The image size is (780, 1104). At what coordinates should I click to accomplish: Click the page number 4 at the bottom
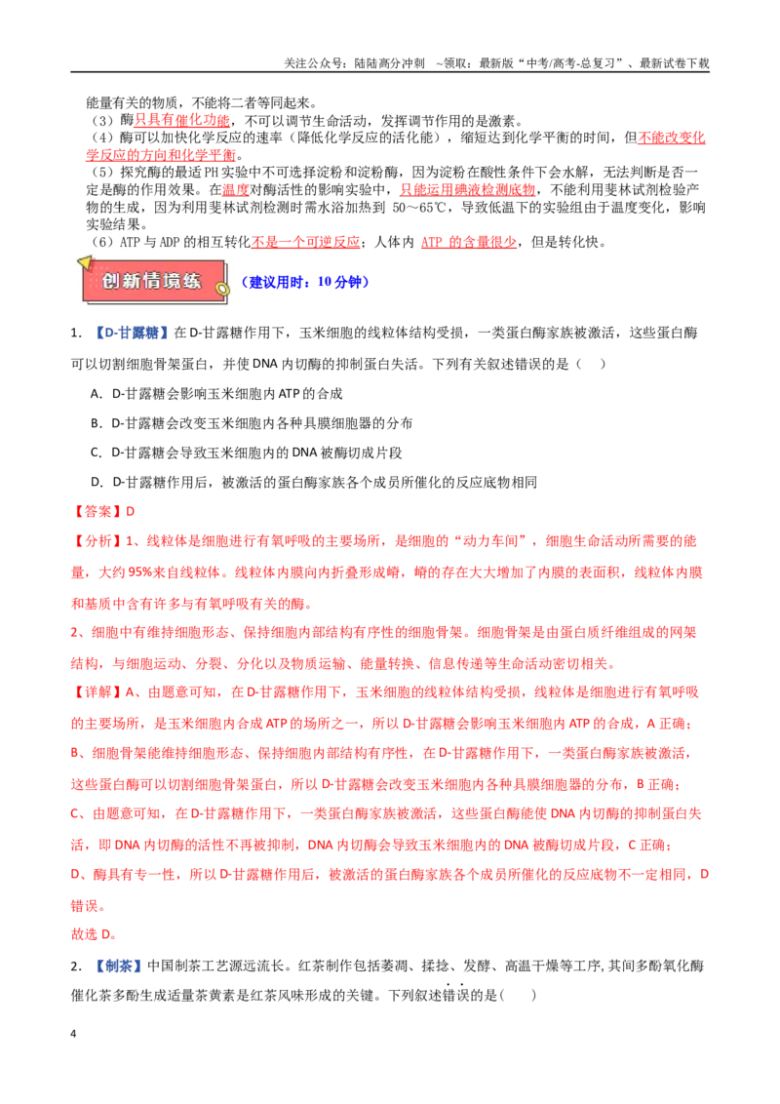pyautogui.click(x=73, y=1034)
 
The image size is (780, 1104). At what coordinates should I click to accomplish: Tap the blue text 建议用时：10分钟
pyautogui.click(x=305, y=282)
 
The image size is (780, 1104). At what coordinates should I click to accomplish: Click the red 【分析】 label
pyautogui.click(x=97, y=541)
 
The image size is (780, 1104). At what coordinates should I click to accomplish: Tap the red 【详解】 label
pyautogui.click(x=97, y=692)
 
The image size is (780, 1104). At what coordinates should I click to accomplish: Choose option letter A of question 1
pyautogui.click(x=96, y=394)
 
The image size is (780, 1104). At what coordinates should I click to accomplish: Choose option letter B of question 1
pyautogui.click(x=96, y=424)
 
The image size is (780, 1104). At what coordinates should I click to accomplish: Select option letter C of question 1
pyautogui.click(x=96, y=453)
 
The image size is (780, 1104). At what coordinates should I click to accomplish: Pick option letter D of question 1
pyautogui.click(x=97, y=483)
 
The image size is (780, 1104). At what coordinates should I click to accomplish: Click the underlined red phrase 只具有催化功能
pyautogui.click(x=181, y=120)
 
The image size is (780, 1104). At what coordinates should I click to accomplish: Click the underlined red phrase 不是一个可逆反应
pyautogui.click(x=305, y=242)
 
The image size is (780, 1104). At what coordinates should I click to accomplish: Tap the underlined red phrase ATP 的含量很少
pyautogui.click(x=468, y=242)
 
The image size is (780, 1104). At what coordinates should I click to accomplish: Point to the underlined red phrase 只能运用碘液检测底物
pyautogui.click(x=467, y=190)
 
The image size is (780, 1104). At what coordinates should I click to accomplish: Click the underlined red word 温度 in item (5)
pyautogui.click(x=236, y=190)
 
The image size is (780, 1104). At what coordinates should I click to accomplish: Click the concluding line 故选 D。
pyautogui.click(x=94, y=934)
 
